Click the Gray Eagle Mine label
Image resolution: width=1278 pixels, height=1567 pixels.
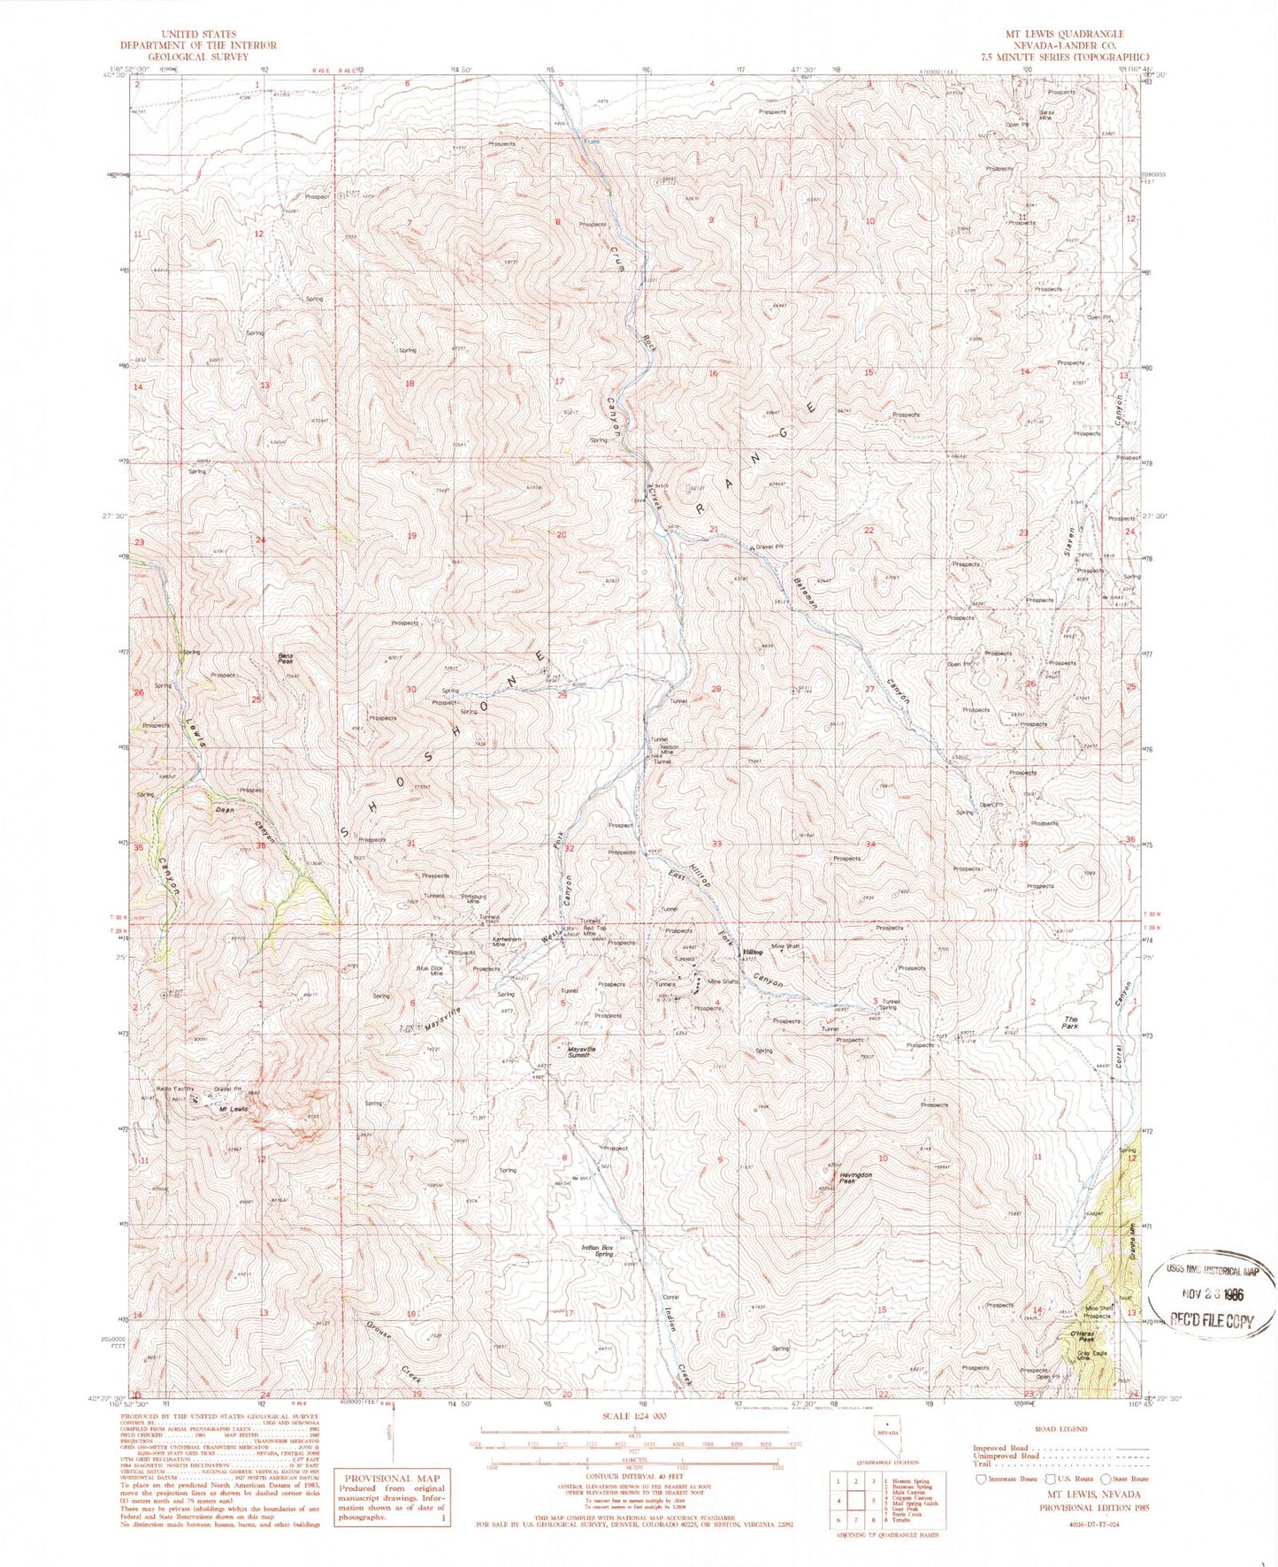pos(1091,1356)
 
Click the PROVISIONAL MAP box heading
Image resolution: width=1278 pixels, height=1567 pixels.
pos(390,1478)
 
